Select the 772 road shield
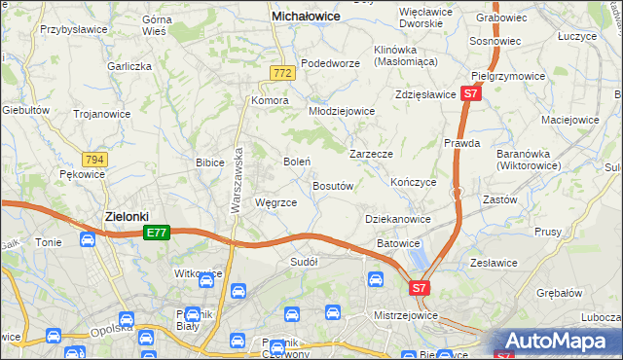point(282,73)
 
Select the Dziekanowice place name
point(397,220)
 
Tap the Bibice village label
point(210,162)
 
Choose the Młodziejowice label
point(342,111)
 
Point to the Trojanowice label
point(102,113)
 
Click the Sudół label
point(304,261)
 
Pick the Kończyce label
point(413,182)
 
